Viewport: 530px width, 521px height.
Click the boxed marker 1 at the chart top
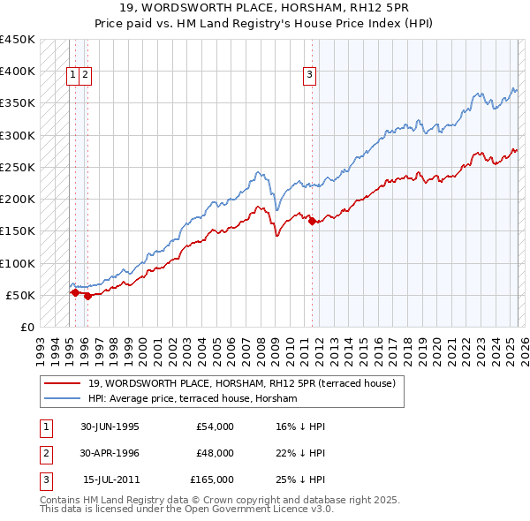(72, 75)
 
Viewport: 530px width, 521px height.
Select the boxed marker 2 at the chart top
(85, 75)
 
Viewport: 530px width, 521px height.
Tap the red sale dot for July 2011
(312, 222)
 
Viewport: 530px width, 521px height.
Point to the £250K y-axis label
(18, 167)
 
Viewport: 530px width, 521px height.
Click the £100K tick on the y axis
(18, 263)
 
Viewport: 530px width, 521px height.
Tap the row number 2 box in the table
(44, 453)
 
